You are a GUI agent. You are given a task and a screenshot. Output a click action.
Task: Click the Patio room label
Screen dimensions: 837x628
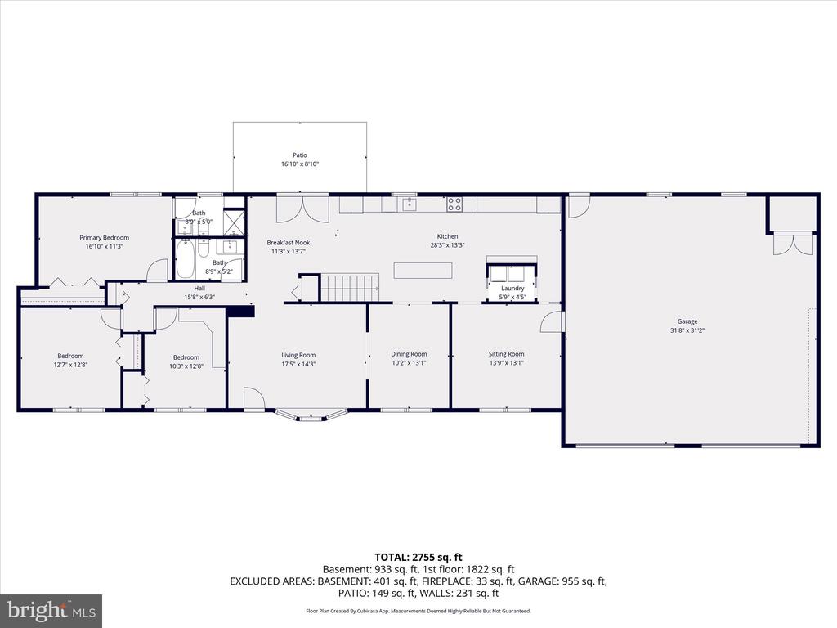(300, 155)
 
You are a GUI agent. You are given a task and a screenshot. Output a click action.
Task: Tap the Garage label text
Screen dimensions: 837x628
(687, 321)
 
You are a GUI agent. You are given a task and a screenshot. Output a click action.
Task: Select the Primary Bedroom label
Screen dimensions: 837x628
(104, 238)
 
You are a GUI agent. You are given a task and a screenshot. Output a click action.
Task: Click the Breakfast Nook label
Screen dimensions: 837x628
(289, 242)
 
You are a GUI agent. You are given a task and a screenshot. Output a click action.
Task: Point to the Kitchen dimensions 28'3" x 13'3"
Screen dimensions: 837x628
(447, 245)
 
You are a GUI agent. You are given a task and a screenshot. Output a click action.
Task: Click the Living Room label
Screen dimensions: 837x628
(298, 355)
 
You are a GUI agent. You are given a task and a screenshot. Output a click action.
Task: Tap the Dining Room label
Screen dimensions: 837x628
(409, 354)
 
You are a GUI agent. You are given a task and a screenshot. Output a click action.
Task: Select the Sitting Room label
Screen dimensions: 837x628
(507, 354)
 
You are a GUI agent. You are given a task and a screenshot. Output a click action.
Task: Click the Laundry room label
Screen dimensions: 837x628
(512, 289)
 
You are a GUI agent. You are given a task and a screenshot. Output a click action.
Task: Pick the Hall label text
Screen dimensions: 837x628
(199, 289)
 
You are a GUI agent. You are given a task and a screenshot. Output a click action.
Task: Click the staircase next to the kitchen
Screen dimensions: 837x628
(350, 289)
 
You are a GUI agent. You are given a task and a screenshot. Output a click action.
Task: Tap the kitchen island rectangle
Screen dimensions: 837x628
(423, 270)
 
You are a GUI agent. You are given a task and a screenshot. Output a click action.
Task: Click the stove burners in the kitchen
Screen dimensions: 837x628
(454, 204)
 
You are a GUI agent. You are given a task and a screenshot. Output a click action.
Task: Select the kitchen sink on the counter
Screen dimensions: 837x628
(410, 204)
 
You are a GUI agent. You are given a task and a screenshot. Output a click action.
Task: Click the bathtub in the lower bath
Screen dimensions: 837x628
(186, 259)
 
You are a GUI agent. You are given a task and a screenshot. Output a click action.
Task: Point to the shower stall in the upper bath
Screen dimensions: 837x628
(234, 222)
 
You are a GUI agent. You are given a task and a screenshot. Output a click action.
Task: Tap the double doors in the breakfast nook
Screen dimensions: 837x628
(302, 209)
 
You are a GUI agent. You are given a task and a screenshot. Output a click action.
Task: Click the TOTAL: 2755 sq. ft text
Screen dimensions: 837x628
(418, 558)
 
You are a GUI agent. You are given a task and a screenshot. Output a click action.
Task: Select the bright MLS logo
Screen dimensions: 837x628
(51, 610)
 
